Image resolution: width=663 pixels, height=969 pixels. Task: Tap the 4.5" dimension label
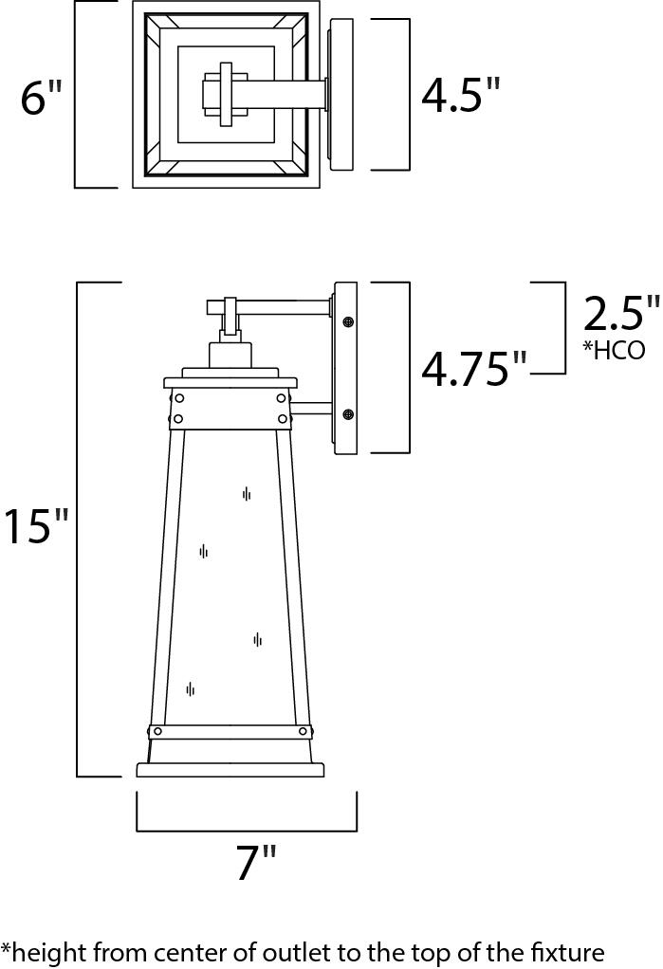coord(460,95)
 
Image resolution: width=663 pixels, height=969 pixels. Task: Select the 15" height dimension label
coord(36,527)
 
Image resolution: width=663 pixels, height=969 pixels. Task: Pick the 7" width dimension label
coord(256,863)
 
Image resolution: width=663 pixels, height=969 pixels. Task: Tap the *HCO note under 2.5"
coord(614,350)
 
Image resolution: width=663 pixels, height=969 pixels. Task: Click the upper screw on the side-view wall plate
coord(348,323)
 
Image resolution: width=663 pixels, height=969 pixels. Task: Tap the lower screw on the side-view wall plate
coord(348,414)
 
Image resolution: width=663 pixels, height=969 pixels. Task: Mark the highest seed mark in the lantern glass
coord(247,493)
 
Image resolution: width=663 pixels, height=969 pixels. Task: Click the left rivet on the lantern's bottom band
coord(157,731)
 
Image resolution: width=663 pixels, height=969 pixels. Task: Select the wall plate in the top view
coord(341,95)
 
